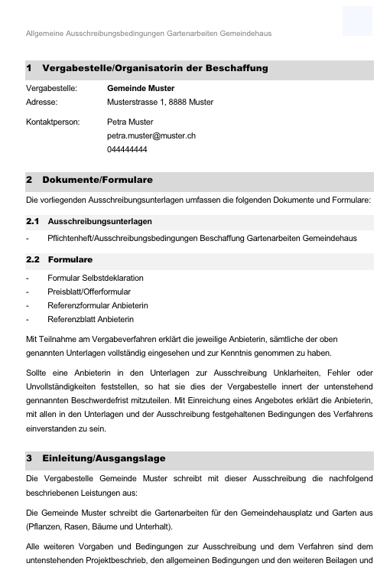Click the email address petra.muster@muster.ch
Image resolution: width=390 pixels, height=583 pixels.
pyautogui.click(x=151, y=135)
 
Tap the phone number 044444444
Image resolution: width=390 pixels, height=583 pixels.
pyautogui.click(x=127, y=150)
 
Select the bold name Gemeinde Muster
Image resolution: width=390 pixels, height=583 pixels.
pyautogui.click(x=141, y=89)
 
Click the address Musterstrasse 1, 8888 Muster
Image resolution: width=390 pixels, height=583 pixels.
pyautogui.click(x=160, y=102)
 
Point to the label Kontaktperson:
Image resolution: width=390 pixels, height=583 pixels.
pyautogui.click(x=53, y=122)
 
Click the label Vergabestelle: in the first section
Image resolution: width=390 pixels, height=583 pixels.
pyautogui.click(x=52, y=89)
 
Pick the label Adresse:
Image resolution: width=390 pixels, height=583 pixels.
pyautogui.click(x=41, y=102)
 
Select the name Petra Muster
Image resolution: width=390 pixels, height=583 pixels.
pyautogui.click(x=129, y=122)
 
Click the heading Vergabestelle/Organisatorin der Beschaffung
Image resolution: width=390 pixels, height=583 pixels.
pyautogui.click(x=155, y=68)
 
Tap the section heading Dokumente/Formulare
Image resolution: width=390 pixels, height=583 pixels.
pyautogui.click(x=97, y=180)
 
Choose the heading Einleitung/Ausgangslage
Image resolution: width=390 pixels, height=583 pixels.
pyautogui.click(x=103, y=458)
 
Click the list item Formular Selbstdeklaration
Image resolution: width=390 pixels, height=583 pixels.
pyautogui.click(x=95, y=278)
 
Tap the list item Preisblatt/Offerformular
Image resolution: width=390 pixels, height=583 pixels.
pyautogui.click(x=89, y=291)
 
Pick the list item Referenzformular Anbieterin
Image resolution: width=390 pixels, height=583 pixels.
pyautogui.click(x=97, y=305)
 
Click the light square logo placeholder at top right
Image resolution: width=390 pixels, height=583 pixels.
pyautogui.click(x=357, y=21)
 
